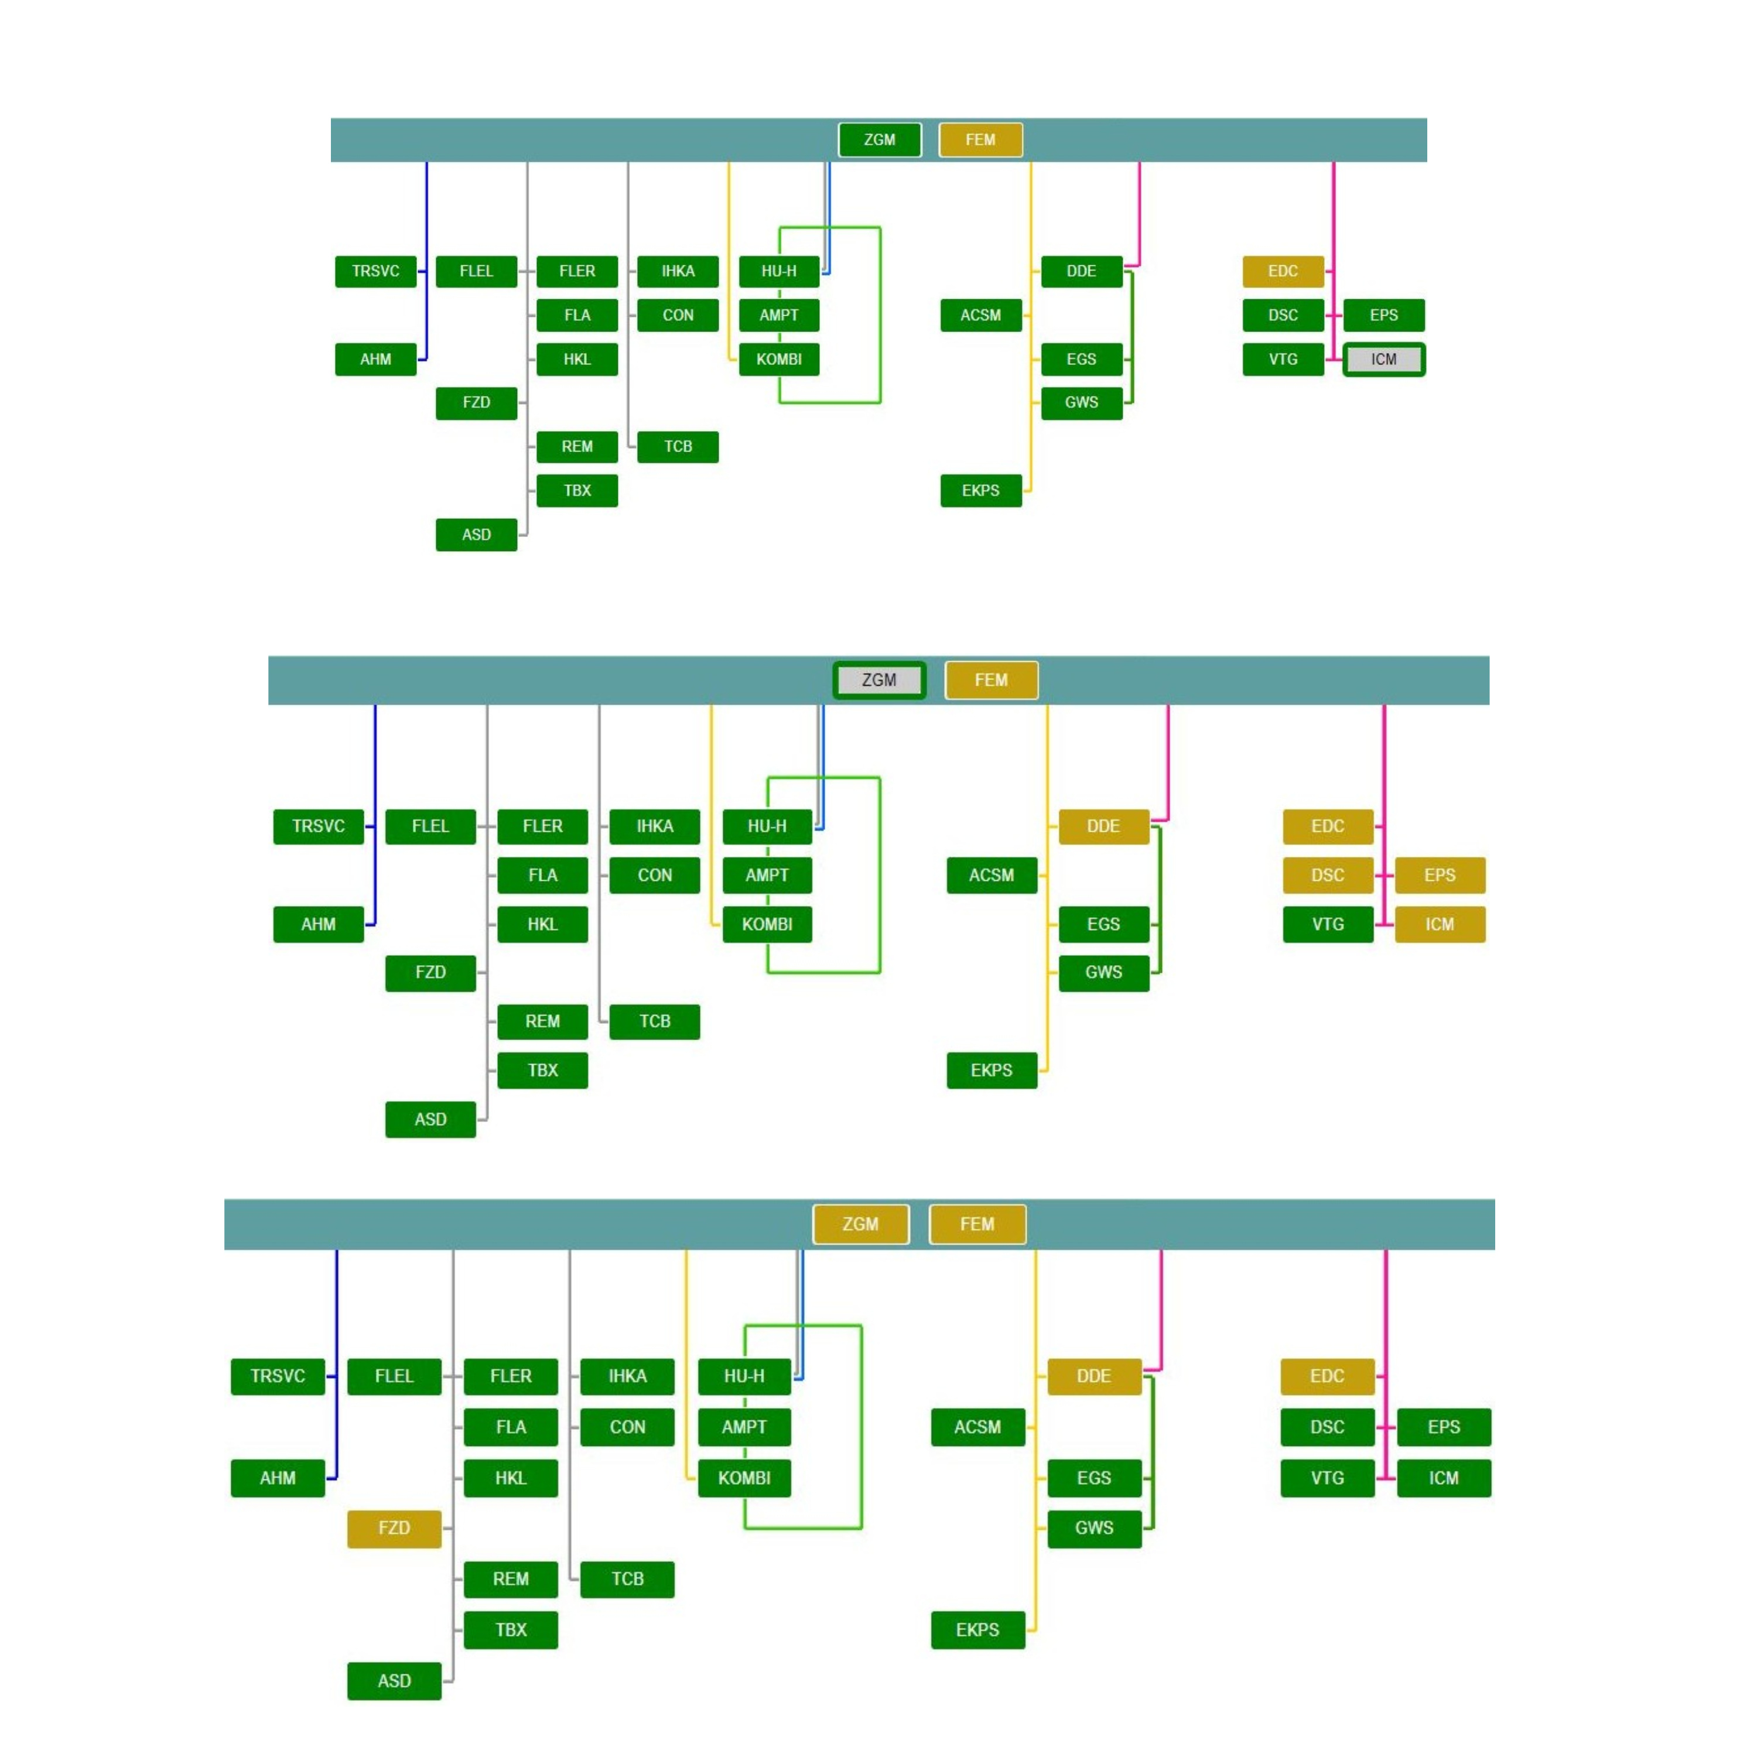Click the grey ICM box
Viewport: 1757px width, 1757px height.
pos(1383,359)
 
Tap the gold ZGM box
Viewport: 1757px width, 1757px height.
pos(860,1224)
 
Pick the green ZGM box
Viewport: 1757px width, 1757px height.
pos(880,140)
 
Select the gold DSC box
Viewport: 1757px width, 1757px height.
pos(1328,875)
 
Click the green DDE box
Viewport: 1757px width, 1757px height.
pos(1081,271)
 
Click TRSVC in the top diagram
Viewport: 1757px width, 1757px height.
pos(375,271)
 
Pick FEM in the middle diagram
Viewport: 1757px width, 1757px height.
pos(992,679)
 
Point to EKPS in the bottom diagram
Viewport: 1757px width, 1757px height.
pos(977,1630)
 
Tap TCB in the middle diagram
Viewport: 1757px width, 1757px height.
pos(655,1021)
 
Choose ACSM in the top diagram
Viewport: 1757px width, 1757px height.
pos(980,315)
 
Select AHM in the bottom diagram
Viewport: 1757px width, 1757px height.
pos(278,1478)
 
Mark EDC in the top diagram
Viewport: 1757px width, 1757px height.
pos(1283,271)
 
